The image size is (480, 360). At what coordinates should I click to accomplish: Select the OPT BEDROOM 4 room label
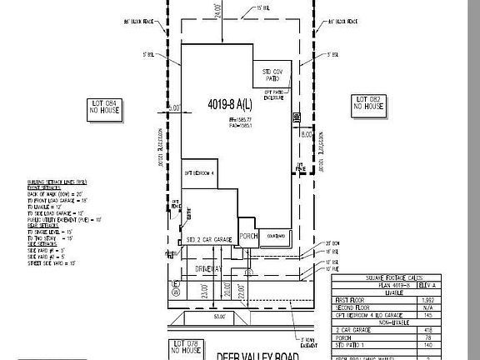click(x=200, y=172)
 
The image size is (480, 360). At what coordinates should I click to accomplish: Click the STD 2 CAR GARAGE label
click(x=208, y=239)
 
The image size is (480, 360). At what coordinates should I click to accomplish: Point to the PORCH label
click(x=247, y=236)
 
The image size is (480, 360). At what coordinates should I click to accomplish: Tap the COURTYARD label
click(x=276, y=236)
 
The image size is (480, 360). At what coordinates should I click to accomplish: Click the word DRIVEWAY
click(x=211, y=269)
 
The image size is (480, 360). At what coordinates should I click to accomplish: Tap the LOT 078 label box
click(x=186, y=346)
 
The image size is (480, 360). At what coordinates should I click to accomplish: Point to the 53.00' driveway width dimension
click(x=220, y=317)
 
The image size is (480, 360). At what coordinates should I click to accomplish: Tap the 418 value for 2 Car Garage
click(x=451, y=330)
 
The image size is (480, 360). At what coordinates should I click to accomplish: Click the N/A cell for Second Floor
click(x=451, y=306)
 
